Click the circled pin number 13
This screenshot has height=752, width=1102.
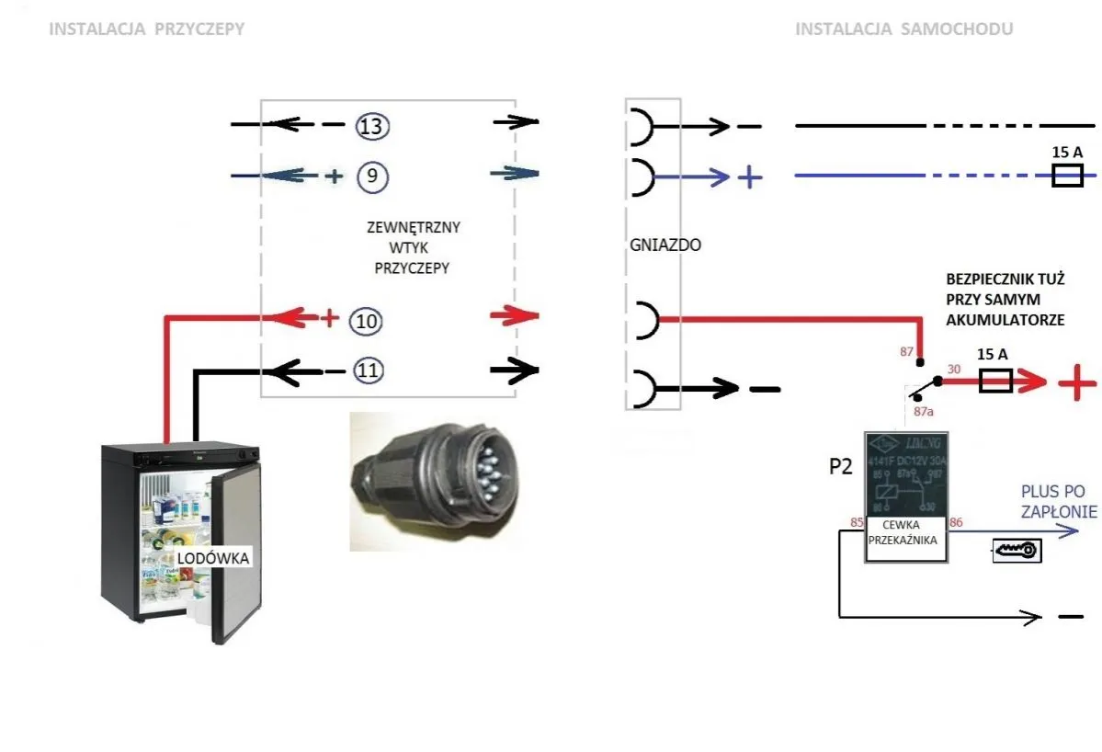[x=371, y=126]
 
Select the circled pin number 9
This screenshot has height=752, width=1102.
[x=371, y=177]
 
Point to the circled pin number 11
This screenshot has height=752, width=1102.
[x=366, y=371]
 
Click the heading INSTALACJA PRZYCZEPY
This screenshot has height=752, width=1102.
[x=146, y=29]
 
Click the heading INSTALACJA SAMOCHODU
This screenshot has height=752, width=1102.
[x=903, y=29]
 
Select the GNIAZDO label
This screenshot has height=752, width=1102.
[x=653, y=245]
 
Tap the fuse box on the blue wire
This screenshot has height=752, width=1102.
[x=1067, y=176]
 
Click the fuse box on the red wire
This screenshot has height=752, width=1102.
[x=996, y=381]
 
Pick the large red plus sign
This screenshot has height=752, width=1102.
[x=1077, y=382]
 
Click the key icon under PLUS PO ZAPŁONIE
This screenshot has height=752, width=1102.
[x=1016, y=550]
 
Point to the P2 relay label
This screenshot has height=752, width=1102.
[x=839, y=467]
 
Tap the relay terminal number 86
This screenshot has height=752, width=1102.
[x=957, y=523]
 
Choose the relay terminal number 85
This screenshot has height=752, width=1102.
[x=856, y=523]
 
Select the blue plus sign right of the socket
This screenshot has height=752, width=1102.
[x=751, y=177]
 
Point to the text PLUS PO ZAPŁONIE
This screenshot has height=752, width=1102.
[x=1059, y=502]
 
